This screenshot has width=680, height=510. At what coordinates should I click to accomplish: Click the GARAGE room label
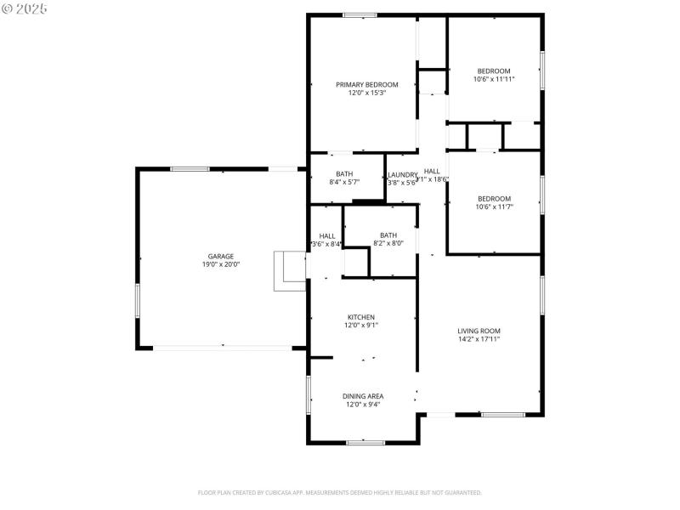(x=221, y=256)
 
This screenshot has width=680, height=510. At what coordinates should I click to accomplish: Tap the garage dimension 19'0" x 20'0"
(x=221, y=264)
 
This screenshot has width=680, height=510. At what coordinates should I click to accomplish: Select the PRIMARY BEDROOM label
(x=366, y=84)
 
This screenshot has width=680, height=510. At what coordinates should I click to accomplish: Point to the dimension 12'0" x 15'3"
(x=366, y=93)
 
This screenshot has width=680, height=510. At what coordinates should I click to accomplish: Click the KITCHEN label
(x=360, y=317)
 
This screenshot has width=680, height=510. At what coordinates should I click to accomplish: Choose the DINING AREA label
(x=363, y=396)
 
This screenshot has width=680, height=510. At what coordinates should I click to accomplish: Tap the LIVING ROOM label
(x=479, y=331)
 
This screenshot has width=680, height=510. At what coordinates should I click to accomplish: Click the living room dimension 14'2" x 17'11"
(x=479, y=339)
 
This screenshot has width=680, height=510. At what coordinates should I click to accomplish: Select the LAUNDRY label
(x=403, y=174)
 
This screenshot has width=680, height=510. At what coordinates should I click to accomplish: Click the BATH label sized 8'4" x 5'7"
(x=344, y=173)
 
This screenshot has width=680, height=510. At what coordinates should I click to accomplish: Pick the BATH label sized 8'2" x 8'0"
(x=388, y=235)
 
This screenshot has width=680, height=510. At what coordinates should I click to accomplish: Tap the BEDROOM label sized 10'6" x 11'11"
(x=494, y=71)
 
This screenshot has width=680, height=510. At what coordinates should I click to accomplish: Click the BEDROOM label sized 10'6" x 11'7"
(x=494, y=199)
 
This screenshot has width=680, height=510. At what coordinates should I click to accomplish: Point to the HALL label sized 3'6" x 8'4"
(x=327, y=236)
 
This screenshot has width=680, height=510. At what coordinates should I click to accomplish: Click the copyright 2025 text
(x=25, y=8)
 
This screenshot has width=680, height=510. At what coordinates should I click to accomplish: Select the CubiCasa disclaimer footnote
(x=340, y=492)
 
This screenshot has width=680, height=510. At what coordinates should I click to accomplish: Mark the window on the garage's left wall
(x=137, y=301)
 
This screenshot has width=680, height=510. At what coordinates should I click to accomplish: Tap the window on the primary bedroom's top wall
(x=360, y=14)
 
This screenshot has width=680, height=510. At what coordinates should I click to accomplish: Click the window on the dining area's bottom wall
(x=365, y=442)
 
